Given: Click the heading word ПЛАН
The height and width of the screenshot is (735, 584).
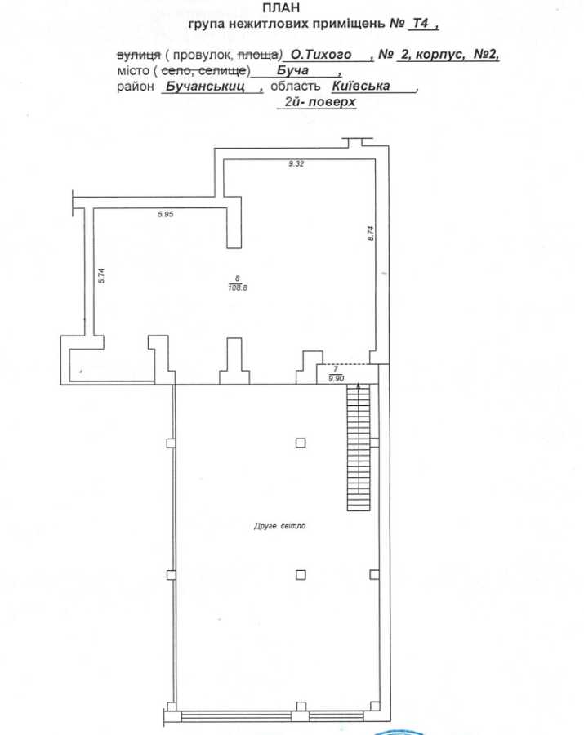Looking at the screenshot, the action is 281,7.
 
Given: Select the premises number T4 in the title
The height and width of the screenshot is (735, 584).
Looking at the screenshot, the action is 421,23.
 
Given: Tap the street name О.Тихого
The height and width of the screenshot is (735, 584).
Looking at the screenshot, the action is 321,55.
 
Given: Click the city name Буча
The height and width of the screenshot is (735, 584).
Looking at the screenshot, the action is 292,70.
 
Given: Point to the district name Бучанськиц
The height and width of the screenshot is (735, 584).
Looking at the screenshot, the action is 205,87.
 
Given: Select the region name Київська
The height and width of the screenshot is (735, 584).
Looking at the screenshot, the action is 360,86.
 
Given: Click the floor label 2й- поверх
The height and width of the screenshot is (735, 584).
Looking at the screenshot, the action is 320,102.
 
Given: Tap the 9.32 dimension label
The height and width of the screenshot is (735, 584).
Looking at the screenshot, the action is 296,163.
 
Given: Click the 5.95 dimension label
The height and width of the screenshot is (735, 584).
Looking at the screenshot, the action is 166,214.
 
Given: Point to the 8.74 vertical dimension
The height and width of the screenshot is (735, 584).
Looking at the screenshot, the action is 370,233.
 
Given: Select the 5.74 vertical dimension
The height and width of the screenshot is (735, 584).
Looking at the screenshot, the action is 100,275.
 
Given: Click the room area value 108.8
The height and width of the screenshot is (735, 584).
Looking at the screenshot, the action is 238,287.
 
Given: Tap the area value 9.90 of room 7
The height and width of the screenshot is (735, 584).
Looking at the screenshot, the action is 336,378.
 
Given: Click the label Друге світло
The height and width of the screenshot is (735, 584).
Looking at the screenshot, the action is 280,526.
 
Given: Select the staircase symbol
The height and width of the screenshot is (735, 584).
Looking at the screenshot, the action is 359,447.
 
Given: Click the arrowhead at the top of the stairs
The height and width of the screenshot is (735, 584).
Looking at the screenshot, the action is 359,385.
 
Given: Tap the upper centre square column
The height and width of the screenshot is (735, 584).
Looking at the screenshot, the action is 301,443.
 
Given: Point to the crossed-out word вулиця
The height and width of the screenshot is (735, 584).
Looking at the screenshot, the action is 138,55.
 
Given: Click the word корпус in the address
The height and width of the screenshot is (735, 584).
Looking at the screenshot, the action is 439,55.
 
